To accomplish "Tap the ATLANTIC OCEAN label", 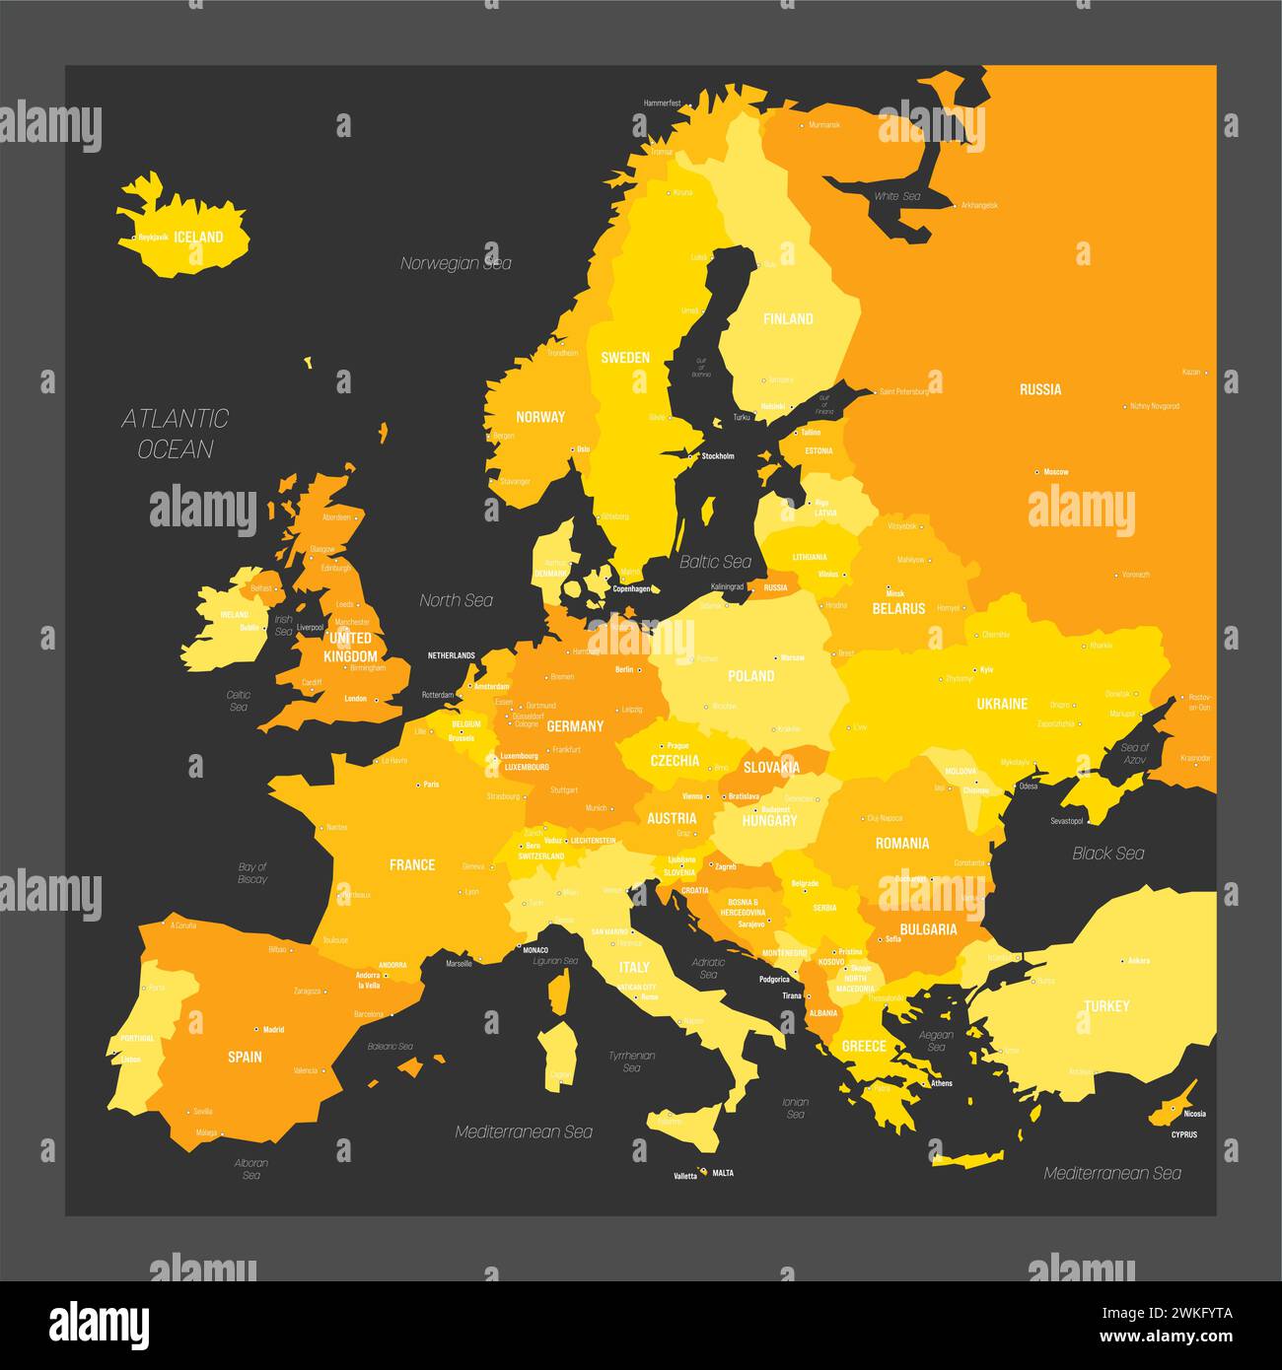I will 176,434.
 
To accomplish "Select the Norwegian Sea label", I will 456,263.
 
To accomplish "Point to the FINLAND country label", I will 788,318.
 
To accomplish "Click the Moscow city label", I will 1056,472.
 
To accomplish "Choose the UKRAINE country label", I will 1002,704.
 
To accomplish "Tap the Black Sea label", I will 1108,853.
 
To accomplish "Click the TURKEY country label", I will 1106,1006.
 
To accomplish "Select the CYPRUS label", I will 1184,1134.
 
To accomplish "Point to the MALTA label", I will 723,1173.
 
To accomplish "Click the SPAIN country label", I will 245,1057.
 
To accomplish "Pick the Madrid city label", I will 273,1030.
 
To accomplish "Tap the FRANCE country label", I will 412,864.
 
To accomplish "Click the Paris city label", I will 431,785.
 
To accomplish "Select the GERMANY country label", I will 575,726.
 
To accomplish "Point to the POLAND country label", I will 751,676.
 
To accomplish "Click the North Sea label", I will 456,600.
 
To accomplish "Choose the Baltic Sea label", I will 716,562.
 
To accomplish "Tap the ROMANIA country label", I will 902,843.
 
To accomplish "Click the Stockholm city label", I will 717,456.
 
